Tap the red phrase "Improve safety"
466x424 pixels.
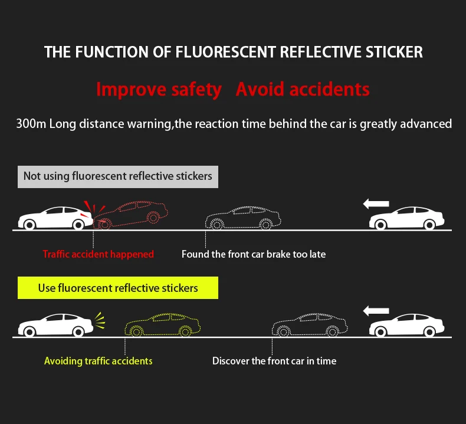(159, 90)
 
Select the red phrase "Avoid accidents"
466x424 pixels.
(303, 90)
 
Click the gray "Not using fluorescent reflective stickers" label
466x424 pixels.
(117, 176)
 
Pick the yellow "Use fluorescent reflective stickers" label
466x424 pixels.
(118, 288)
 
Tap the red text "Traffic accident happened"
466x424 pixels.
(98, 254)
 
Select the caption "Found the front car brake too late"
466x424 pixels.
(254, 254)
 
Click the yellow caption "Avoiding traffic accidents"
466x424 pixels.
(98, 360)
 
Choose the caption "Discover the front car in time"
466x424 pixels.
(274, 360)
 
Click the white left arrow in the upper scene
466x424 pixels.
(376, 204)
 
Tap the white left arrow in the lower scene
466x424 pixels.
(376, 310)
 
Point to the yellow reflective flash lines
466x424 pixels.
(99, 321)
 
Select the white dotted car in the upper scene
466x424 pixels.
(242, 218)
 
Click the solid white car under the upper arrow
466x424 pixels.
(406, 218)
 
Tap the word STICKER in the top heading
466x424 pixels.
(393, 52)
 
